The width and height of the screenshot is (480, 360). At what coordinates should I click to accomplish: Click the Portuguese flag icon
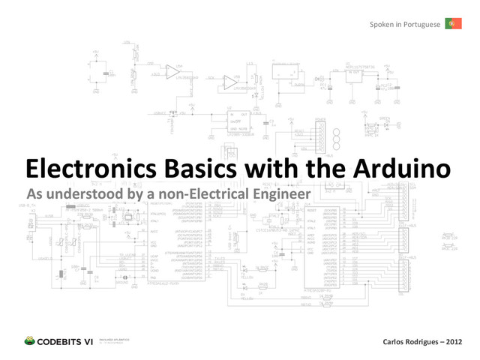[452, 24]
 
